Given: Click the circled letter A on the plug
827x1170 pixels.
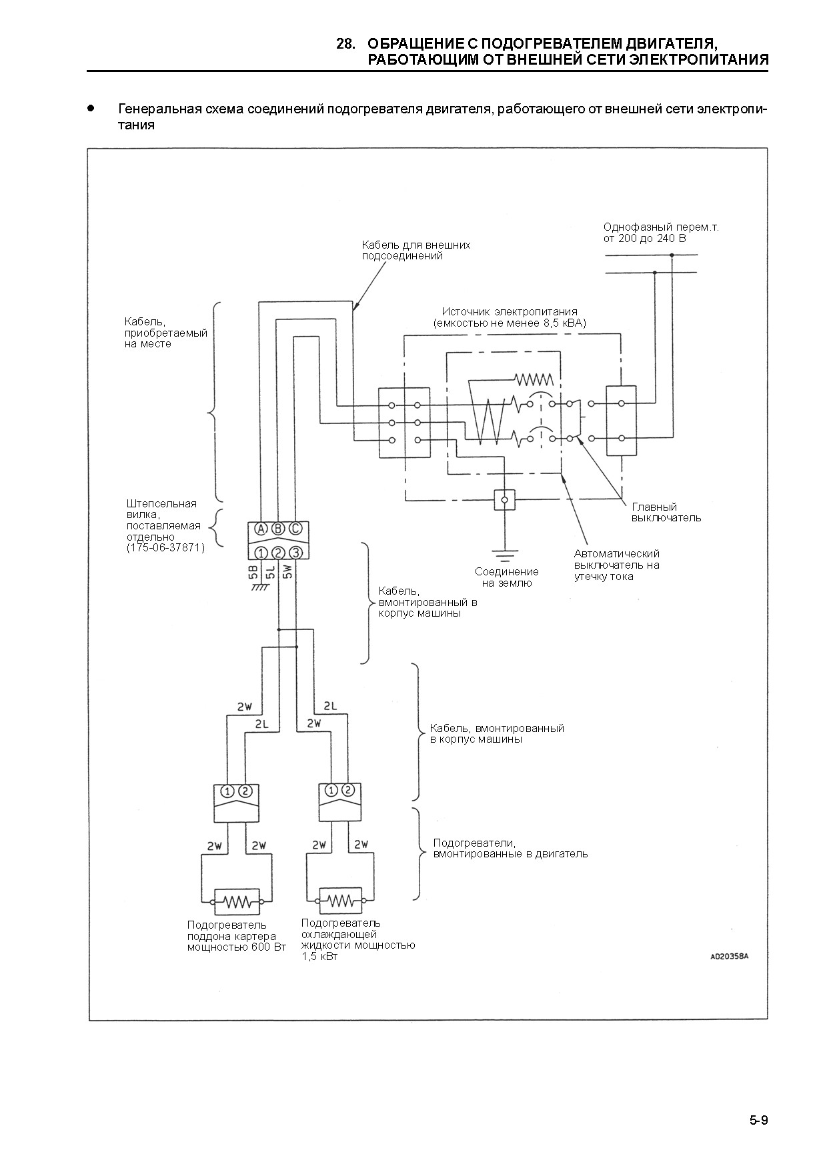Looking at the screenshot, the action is (261, 529).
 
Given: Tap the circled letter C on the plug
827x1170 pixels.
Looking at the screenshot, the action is (295, 529).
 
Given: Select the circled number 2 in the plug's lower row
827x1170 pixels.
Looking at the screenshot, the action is (279, 552).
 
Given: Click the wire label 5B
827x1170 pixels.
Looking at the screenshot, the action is (253, 573).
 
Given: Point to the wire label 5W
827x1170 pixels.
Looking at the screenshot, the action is (287, 573).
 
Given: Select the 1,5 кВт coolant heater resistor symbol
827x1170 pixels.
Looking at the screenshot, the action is (342, 901).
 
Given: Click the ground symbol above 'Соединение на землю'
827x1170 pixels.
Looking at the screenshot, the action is (505, 553).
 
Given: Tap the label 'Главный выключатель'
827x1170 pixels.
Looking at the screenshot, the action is (666, 512).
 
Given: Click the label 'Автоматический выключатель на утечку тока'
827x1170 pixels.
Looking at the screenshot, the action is (617, 565).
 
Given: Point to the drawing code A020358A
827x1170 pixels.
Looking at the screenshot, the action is (729, 956).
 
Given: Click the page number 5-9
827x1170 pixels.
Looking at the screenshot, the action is (758, 1119).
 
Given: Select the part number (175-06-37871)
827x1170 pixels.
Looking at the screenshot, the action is (165, 547).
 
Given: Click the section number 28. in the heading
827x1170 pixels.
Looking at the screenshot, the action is (345, 44).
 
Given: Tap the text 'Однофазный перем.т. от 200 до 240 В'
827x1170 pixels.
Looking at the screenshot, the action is (661, 233).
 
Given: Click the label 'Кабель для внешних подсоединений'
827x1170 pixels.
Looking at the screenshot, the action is (416, 250).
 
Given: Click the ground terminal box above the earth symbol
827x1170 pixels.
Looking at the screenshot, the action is (505, 499).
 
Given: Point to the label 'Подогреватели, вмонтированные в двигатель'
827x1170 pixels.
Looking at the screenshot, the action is (510, 848).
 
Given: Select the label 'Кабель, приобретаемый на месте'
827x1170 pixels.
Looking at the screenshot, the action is (165, 333).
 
